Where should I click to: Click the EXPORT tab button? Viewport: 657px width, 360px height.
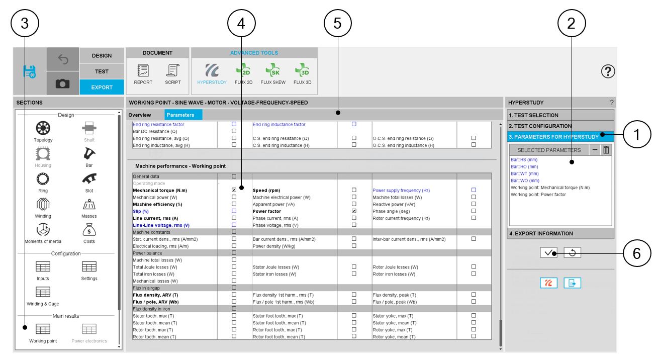102,87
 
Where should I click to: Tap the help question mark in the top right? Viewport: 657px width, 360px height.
608,71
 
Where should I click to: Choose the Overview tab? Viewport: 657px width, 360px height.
140,115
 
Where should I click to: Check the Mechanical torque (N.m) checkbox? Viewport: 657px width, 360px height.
234,190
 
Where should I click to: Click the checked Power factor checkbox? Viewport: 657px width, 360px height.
354,211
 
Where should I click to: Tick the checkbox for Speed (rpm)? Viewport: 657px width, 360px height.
354,190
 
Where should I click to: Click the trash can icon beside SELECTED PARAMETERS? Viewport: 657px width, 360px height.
606,150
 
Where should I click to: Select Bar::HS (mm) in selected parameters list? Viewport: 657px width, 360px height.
524,159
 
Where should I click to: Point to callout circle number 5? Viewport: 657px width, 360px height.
338,23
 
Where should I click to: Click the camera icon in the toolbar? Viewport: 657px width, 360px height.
62,84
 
